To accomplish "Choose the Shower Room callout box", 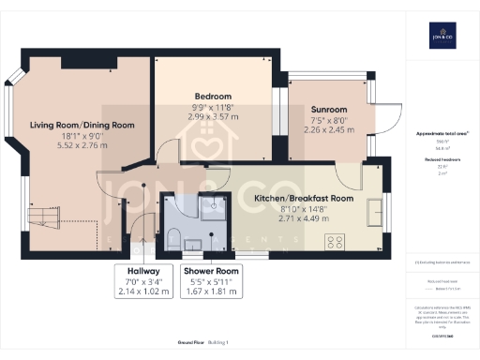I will [x=211, y=280].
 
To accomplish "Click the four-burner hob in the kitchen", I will [x=337, y=241].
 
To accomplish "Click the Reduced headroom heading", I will [x=437, y=160].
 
